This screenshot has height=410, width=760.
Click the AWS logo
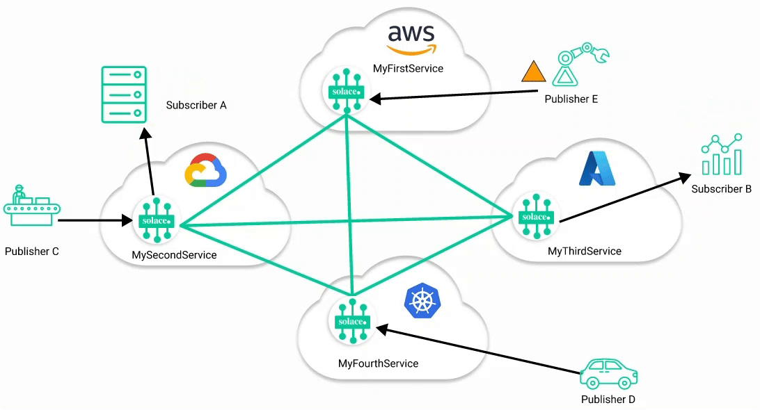click(x=411, y=39)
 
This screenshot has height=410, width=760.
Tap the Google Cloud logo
click(x=206, y=170)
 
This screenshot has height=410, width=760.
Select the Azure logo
click(x=597, y=169)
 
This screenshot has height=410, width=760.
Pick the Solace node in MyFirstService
click(x=346, y=92)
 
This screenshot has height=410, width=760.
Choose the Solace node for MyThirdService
click(x=535, y=216)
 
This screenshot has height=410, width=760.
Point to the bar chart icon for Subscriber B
click(x=721, y=155)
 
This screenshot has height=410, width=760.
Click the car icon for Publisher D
click(x=608, y=374)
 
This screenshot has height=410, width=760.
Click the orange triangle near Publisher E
click(x=533, y=72)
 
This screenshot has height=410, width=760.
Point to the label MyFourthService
click(x=378, y=363)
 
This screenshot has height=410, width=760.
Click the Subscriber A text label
click(x=196, y=106)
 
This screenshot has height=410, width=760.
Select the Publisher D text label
click(x=608, y=400)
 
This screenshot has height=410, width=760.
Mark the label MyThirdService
click(x=584, y=251)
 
